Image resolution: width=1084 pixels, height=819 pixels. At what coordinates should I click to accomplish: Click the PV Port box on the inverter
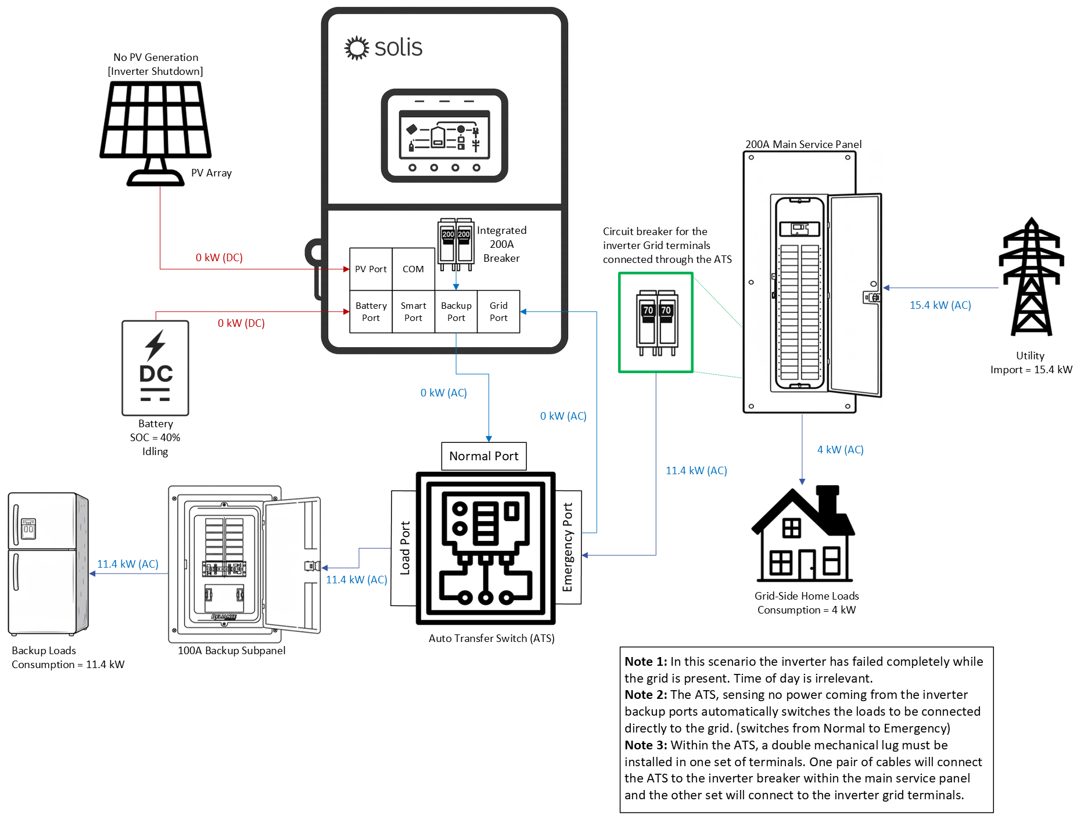click(371, 269)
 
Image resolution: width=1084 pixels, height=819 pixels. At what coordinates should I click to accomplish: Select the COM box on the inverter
click(414, 269)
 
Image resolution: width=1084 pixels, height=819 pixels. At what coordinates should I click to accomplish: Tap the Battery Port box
click(371, 312)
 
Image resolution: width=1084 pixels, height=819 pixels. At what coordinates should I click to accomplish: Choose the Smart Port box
click(414, 312)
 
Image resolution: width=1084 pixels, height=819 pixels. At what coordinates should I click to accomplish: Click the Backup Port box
click(456, 312)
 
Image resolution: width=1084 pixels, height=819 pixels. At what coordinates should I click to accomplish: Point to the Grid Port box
click(498, 312)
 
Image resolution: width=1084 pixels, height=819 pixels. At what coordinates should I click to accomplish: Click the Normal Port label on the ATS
click(484, 456)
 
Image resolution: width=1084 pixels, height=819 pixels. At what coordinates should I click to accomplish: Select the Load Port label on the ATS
click(404, 548)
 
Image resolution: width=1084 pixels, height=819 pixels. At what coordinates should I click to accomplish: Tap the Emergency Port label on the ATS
click(568, 547)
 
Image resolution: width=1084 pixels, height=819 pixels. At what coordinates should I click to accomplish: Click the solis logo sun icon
click(357, 48)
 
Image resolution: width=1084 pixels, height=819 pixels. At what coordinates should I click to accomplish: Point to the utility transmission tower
click(1031, 277)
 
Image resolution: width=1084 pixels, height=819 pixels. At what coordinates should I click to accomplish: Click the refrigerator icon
click(48, 564)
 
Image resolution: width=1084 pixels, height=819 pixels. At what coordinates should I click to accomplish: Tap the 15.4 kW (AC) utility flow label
click(940, 305)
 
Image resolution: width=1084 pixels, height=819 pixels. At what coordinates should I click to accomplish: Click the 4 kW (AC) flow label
click(840, 450)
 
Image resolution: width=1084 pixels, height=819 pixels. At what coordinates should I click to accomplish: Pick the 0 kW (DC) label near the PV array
click(219, 258)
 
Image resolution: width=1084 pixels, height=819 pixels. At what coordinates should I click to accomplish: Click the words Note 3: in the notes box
click(645, 745)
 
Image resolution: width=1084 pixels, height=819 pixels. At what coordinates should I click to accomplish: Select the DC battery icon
click(155, 368)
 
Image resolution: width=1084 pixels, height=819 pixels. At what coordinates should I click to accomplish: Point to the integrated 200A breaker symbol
click(456, 244)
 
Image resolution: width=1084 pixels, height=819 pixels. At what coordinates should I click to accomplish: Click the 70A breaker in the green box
click(657, 323)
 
